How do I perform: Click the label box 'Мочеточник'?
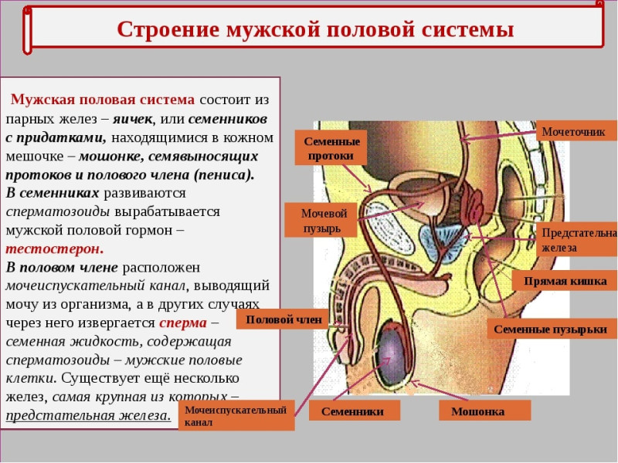(576, 130)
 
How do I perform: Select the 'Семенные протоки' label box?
(331, 147)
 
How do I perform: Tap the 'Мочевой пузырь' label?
(321, 220)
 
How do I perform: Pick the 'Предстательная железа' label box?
(577, 240)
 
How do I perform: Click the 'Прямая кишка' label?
(565, 281)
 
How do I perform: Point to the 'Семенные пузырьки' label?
(550, 329)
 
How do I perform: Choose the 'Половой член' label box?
(284, 319)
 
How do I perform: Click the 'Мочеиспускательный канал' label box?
(236, 415)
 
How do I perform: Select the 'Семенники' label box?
(353, 411)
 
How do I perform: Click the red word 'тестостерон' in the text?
(54, 248)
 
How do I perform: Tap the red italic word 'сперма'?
(183, 323)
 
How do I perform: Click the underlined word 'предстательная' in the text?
(59, 415)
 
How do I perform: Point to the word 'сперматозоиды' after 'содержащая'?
(57, 360)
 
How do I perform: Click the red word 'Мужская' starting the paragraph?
(42, 100)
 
